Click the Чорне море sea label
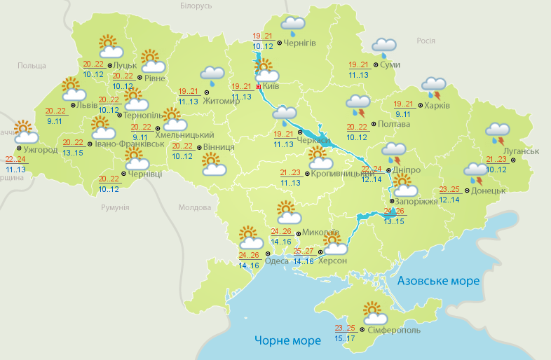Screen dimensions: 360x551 pos(287,340)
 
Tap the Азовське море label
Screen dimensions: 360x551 pos(438,281)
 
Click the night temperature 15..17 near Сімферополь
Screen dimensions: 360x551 pos(345,339)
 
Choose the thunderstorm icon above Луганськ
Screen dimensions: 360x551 pos(498,133)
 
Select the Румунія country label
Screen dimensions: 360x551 pos(115,208)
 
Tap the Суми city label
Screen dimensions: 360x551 pos(390,65)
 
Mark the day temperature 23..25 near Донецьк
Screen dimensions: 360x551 pos(449,190)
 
